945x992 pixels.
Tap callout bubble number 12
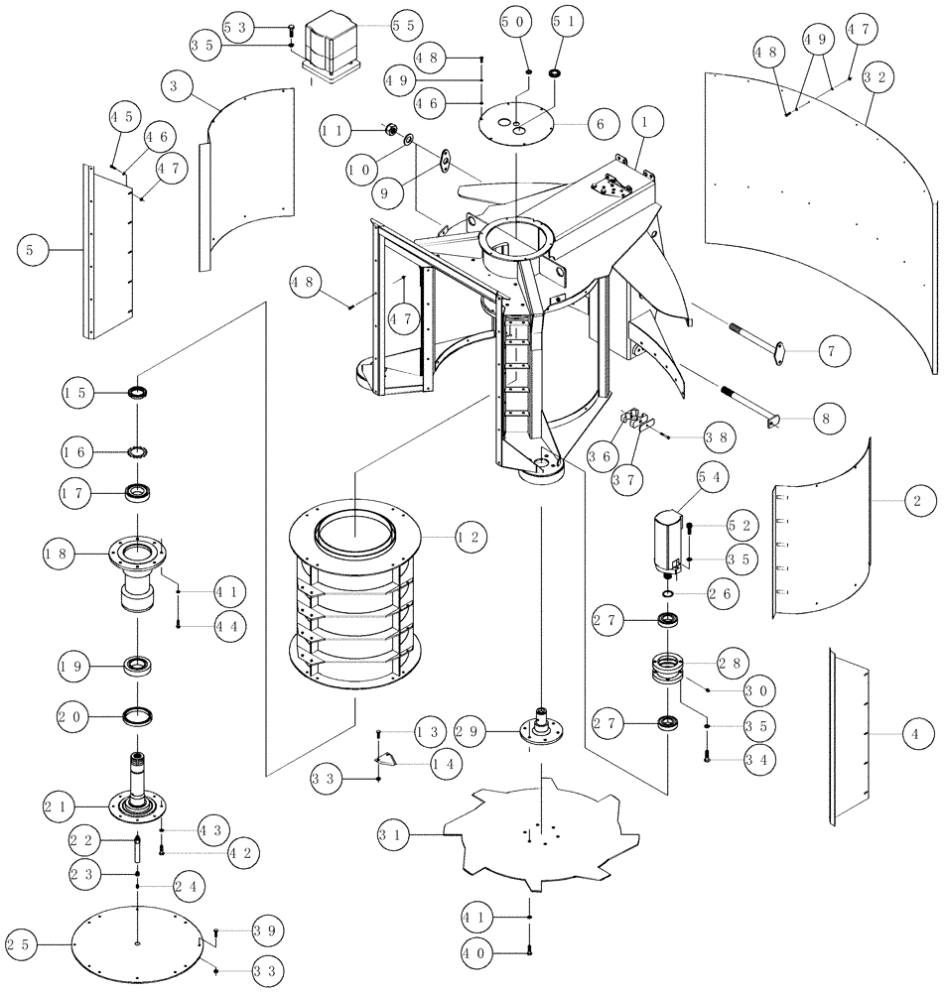click(x=470, y=537)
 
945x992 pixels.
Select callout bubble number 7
click(x=834, y=349)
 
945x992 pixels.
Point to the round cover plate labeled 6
click(x=520, y=122)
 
